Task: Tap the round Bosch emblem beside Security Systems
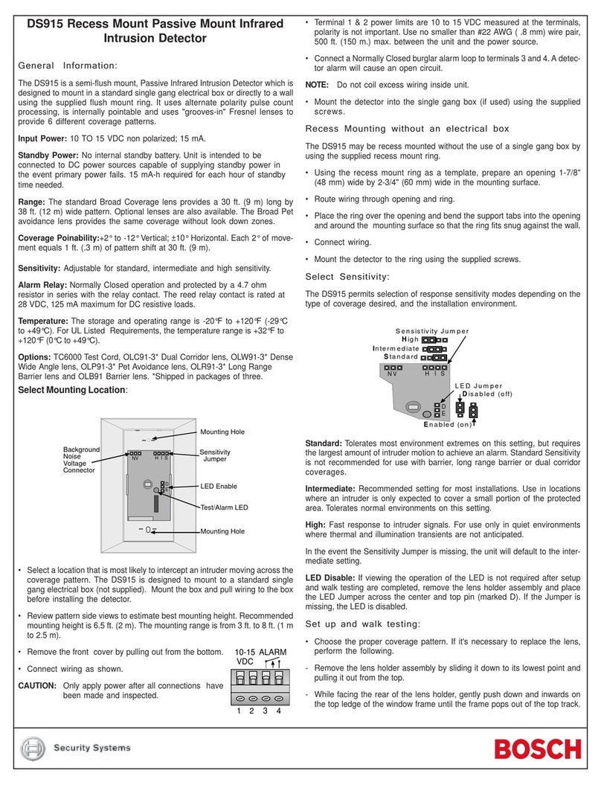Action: pyautogui.click(x=36, y=748)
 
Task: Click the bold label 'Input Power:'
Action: pyautogui.click(x=42, y=139)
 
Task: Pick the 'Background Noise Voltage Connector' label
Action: pyautogui.click(x=80, y=460)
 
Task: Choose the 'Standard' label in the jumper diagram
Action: pyautogui.click(x=401, y=356)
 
